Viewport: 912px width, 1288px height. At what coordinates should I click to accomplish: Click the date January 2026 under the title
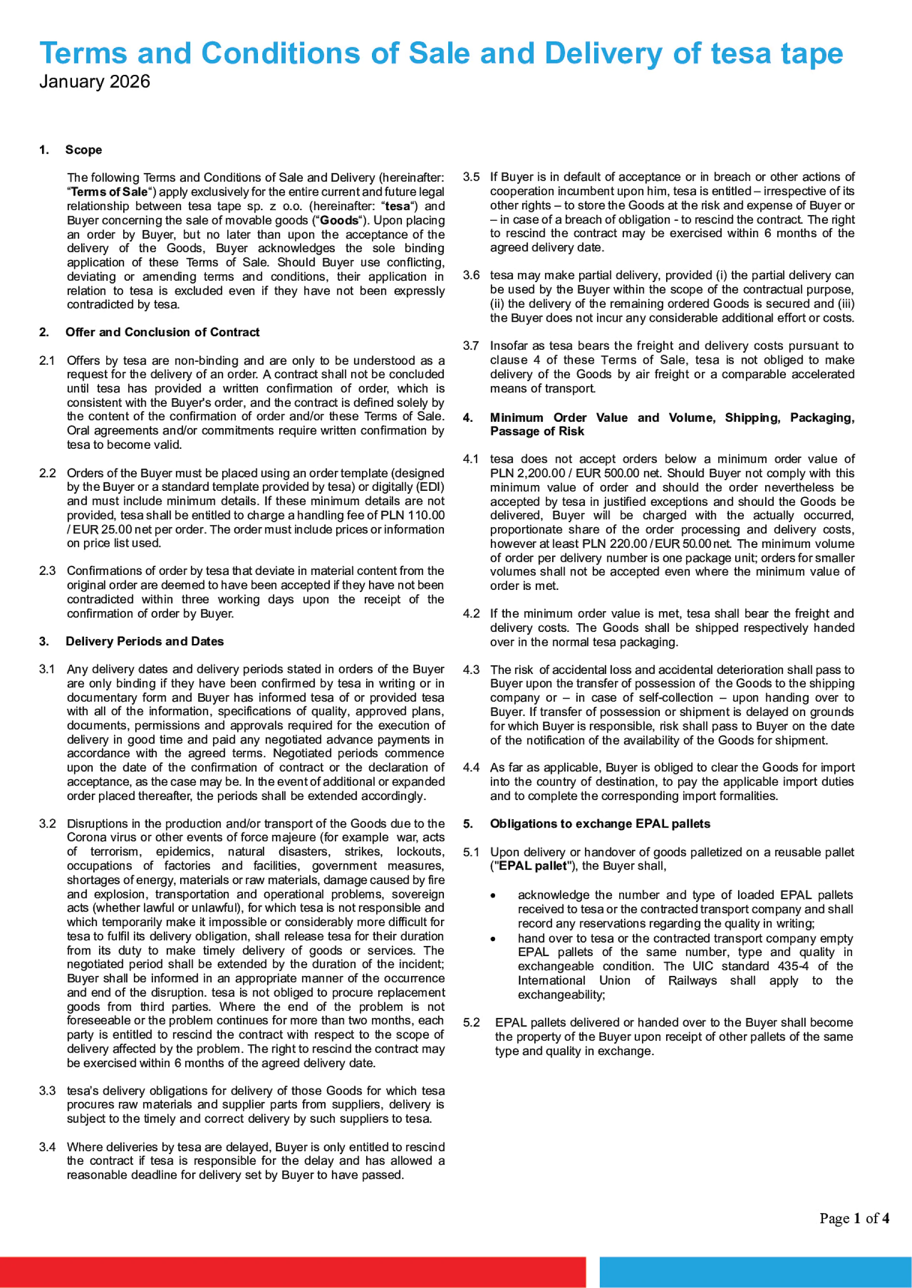pos(94,82)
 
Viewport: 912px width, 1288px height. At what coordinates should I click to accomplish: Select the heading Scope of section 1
pos(83,150)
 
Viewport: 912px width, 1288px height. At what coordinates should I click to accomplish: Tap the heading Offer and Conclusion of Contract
pos(162,332)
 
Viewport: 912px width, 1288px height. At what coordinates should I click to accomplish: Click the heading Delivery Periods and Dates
pos(144,642)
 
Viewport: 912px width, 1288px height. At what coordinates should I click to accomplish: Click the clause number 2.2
pos(47,473)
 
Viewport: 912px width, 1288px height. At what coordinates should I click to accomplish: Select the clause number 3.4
pos(47,1147)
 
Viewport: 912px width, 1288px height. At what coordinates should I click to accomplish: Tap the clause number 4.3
pos(470,670)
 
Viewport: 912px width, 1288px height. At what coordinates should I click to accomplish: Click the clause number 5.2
pos(470,1022)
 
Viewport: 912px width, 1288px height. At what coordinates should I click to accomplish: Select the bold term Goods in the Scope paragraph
pos(339,221)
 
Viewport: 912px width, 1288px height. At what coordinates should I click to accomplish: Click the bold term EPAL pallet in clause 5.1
pos(532,866)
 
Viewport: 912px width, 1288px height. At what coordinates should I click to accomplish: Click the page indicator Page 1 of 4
pos(854,1218)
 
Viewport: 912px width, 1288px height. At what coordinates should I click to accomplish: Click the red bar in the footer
pos(292,1272)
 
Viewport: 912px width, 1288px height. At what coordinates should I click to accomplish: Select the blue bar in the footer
pos(755,1272)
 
